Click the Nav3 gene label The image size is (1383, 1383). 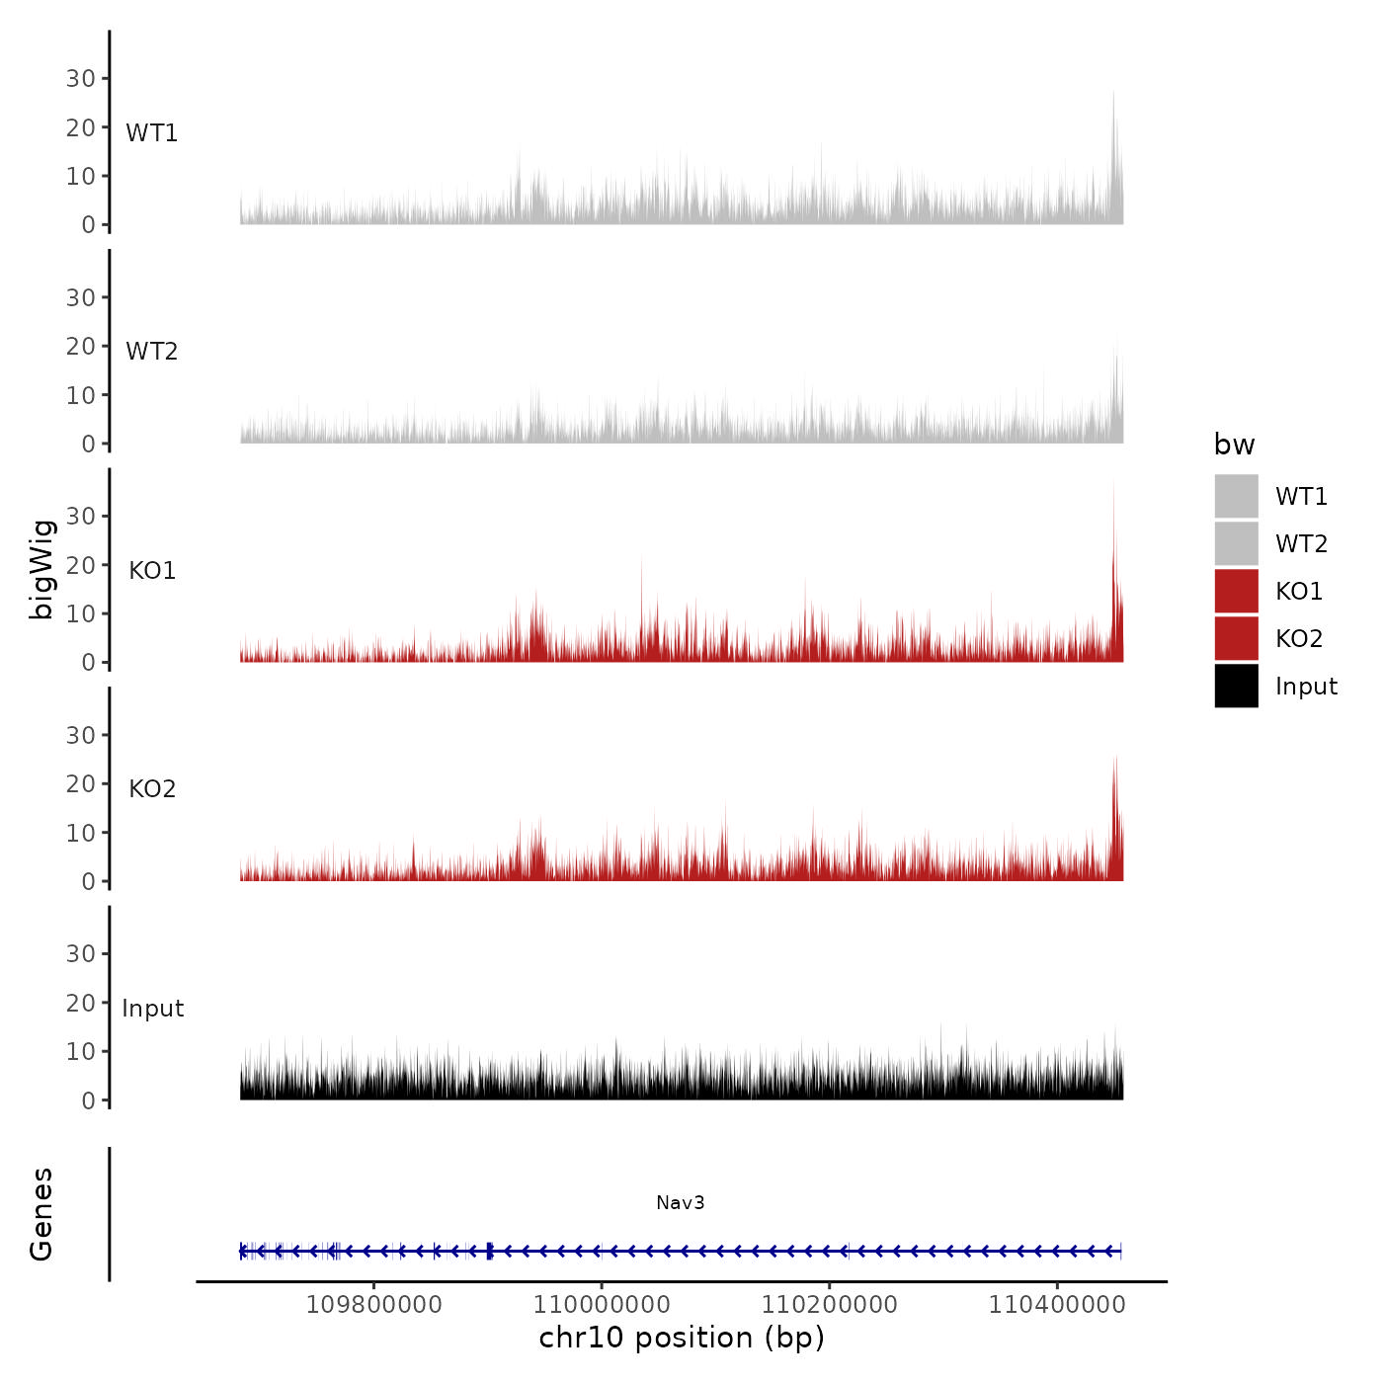coord(680,1202)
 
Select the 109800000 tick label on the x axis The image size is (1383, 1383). coord(373,1304)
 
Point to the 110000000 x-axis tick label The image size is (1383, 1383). coord(602,1304)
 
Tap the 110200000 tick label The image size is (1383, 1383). coord(829,1304)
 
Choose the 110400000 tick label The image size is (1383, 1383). coord(1057,1304)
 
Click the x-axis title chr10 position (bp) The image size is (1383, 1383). coord(681,1338)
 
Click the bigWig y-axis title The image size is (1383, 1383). coord(41,569)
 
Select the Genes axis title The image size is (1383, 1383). coord(41,1214)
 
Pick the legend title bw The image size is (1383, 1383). coord(1234,445)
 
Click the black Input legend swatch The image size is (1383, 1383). coord(1236,686)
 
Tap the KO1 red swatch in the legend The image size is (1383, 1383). coord(1236,591)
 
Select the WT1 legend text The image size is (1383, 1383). coord(1301,496)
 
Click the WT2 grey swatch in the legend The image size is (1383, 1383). coord(1236,543)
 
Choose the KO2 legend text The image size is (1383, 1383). coord(1298,638)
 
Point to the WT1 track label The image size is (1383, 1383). coord(151,132)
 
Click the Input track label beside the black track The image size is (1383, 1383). coord(152,1009)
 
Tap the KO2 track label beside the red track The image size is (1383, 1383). coord(152,788)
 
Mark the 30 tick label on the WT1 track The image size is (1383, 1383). coord(80,78)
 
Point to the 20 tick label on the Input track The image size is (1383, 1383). coord(80,1003)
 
